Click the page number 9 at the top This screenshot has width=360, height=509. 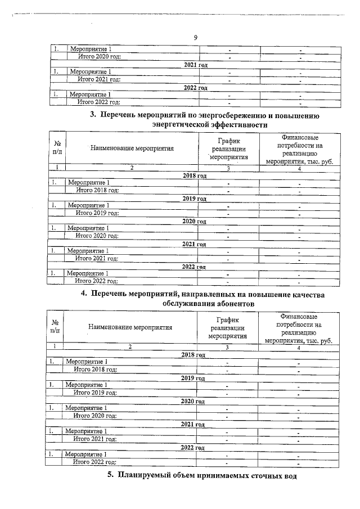(195, 38)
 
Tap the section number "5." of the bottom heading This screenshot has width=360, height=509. (111, 476)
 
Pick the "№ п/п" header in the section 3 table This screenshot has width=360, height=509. (57, 148)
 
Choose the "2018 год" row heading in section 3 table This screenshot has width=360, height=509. (195, 175)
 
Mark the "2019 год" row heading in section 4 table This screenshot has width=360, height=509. (193, 378)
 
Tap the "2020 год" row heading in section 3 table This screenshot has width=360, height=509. (195, 221)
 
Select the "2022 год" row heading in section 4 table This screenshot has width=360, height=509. (193, 447)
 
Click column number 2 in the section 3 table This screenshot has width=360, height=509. (132, 168)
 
